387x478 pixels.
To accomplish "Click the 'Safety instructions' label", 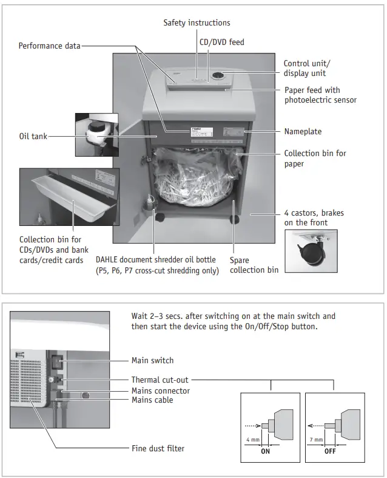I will (x=197, y=23).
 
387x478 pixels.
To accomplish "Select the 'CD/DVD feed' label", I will (x=222, y=43).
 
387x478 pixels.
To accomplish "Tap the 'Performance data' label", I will (x=49, y=46).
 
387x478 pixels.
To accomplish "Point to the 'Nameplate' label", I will (x=303, y=131).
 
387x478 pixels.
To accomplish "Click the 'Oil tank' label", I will (x=33, y=137).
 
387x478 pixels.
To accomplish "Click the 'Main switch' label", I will (x=152, y=360).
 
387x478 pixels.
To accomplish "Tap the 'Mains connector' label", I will (x=161, y=391).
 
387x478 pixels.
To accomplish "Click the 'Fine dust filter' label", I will (x=158, y=448).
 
